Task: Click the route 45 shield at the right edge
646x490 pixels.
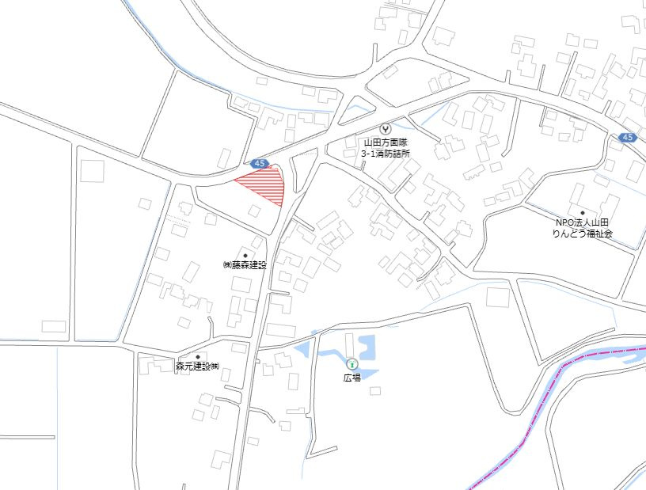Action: click(627, 138)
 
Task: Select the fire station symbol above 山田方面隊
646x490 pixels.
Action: click(386, 127)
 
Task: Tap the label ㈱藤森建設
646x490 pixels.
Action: click(245, 265)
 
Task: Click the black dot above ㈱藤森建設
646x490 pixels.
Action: click(245, 255)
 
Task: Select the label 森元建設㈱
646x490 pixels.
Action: click(196, 367)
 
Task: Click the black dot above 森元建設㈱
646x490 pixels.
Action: click(197, 357)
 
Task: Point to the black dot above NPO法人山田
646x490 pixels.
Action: click(582, 213)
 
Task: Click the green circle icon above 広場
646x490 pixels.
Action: click(351, 364)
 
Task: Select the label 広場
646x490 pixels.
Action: click(351, 378)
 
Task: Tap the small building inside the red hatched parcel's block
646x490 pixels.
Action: click(253, 210)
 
